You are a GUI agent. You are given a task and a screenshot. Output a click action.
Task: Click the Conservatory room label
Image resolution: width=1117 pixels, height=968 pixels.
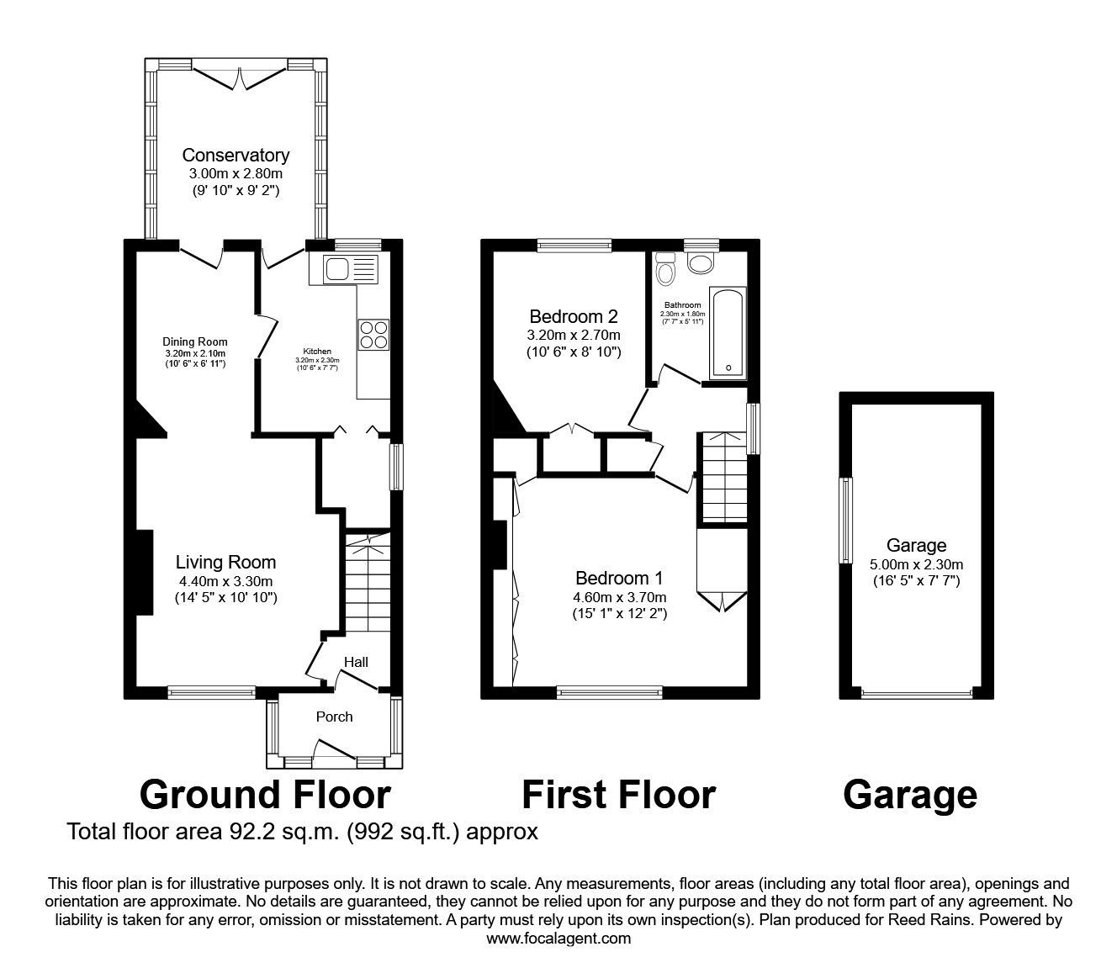pyautogui.click(x=236, y=156)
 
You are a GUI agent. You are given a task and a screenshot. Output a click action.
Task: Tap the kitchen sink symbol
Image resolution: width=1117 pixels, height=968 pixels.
pyautogui.click(x=346, y=270)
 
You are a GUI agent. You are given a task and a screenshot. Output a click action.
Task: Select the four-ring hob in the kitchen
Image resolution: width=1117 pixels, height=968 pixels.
pyautogui.click(x=373, y=335)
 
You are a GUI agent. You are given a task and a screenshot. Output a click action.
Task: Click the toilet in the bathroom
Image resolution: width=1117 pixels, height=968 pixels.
pyautogui.click(x=666, y=271)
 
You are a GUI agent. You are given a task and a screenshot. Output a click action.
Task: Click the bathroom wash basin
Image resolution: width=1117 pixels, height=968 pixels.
pyautogui.click(x=700, y=263)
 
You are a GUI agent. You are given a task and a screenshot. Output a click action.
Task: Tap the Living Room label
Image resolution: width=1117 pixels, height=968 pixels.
pyautogui.click(x=225, y=563)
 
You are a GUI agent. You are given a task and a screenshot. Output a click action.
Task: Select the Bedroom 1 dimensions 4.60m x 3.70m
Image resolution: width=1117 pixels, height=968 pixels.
pyautogui.click(x=619, y=597)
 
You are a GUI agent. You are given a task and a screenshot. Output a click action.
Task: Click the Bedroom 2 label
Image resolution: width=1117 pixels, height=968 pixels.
pyautogui.click(x=573, y=317)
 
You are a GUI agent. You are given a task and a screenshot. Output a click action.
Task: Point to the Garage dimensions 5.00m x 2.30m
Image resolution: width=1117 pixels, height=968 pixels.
pyautogui.click(x=916, y=564)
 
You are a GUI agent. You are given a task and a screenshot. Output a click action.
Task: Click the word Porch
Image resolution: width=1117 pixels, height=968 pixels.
pyautogui.click(x=334, y=717)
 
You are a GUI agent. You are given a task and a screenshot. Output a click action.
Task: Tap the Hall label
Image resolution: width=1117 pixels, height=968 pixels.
pyautogui.click(x=356, y=662)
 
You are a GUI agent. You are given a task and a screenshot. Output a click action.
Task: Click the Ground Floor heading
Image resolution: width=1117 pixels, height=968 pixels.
pyautogui.click(x=265, y=794)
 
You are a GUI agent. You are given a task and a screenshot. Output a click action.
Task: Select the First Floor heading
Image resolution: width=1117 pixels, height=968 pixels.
pyautogui.click(x=618, y=794)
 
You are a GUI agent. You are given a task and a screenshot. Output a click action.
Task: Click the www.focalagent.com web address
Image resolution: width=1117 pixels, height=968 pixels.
pyautogui.click(x=558, y=939)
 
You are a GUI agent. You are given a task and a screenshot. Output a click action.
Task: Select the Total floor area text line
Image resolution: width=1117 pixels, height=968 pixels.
pyautogui.click(x=302, y=832)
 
